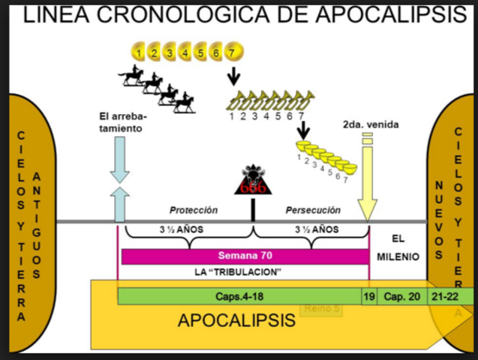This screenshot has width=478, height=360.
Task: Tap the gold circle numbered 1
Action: pyautogui.click(x=139, y=52)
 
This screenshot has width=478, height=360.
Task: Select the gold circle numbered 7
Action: pyautogui.click(x=233, y=52)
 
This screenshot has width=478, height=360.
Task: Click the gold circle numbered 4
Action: pyautogui.click(x=186, y=52)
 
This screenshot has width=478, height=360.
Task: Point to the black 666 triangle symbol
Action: pyautogui.click(x=252, y=182)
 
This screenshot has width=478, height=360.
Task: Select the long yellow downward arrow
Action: pyautogui.click(x=367, y=180)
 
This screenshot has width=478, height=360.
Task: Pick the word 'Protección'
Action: pyautogui.click(x=193, y=211)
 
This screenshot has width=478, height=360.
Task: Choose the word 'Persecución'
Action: pyautogui.click(x=313, y=211)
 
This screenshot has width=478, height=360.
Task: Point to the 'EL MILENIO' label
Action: pyautogui.click(x=398, y=247)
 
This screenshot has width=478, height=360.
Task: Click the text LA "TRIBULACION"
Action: pyautogui.click(x=243, y=271)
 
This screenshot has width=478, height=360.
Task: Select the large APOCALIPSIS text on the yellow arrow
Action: pyautogui.click(x=236, y=321)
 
